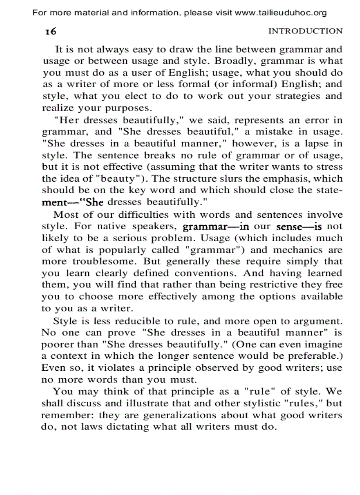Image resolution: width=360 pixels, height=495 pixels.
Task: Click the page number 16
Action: click(x=49, y=31)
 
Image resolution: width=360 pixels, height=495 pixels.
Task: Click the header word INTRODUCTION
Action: click(x=305, y=31)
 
